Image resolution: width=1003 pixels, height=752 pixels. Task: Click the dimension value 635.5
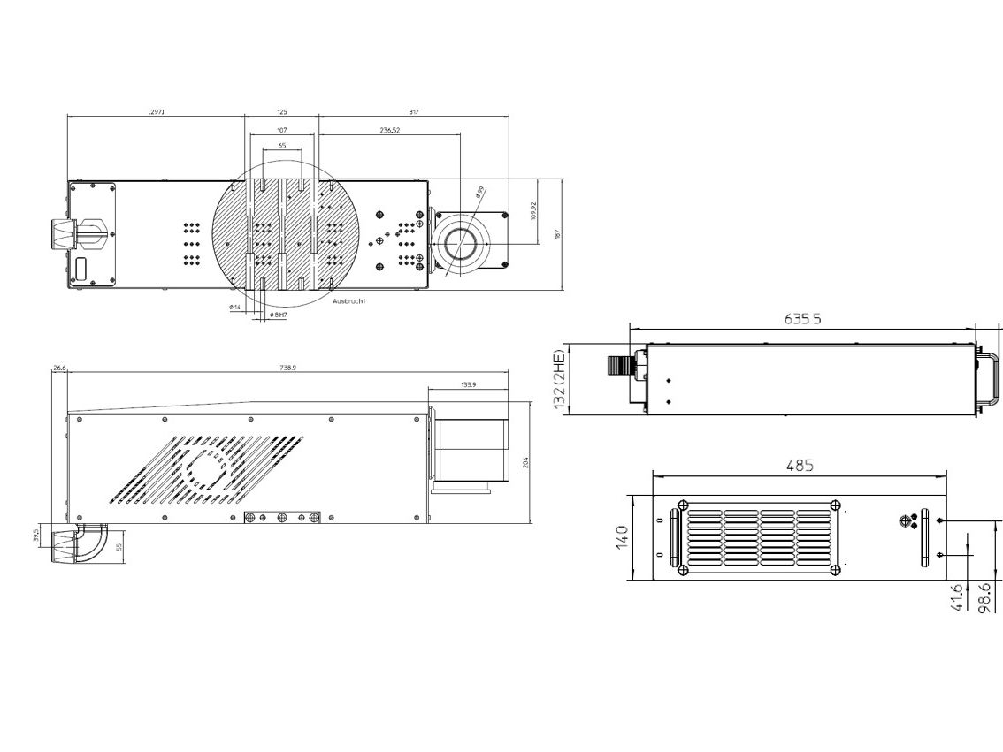tap(802, 319)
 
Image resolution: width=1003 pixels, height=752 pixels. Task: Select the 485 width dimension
tap(799, 464)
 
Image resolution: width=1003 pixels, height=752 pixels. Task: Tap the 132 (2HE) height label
tap(557, 378)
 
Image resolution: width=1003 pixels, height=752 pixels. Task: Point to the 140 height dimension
tap(622, 536)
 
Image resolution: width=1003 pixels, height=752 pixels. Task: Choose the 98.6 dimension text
tap(984, 596)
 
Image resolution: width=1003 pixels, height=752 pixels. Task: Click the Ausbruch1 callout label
tap(349, 301)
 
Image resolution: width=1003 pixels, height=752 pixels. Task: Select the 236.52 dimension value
tap(389, 129)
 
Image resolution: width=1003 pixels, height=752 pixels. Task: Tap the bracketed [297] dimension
tap(155, 111)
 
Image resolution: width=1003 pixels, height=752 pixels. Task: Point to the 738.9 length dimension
tap(287, 367)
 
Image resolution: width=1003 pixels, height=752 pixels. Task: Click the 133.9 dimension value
tap(468, 384)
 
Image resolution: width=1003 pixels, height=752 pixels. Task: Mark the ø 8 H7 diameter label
tap(278, 315)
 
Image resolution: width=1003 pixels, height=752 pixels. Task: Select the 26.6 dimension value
tap(59, 367)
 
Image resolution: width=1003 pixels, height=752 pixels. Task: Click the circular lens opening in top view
tap(460, 241)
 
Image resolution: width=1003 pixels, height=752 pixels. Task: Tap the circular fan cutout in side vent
tap(208, 467)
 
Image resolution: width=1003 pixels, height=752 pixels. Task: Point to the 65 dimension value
tap(281, 145)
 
